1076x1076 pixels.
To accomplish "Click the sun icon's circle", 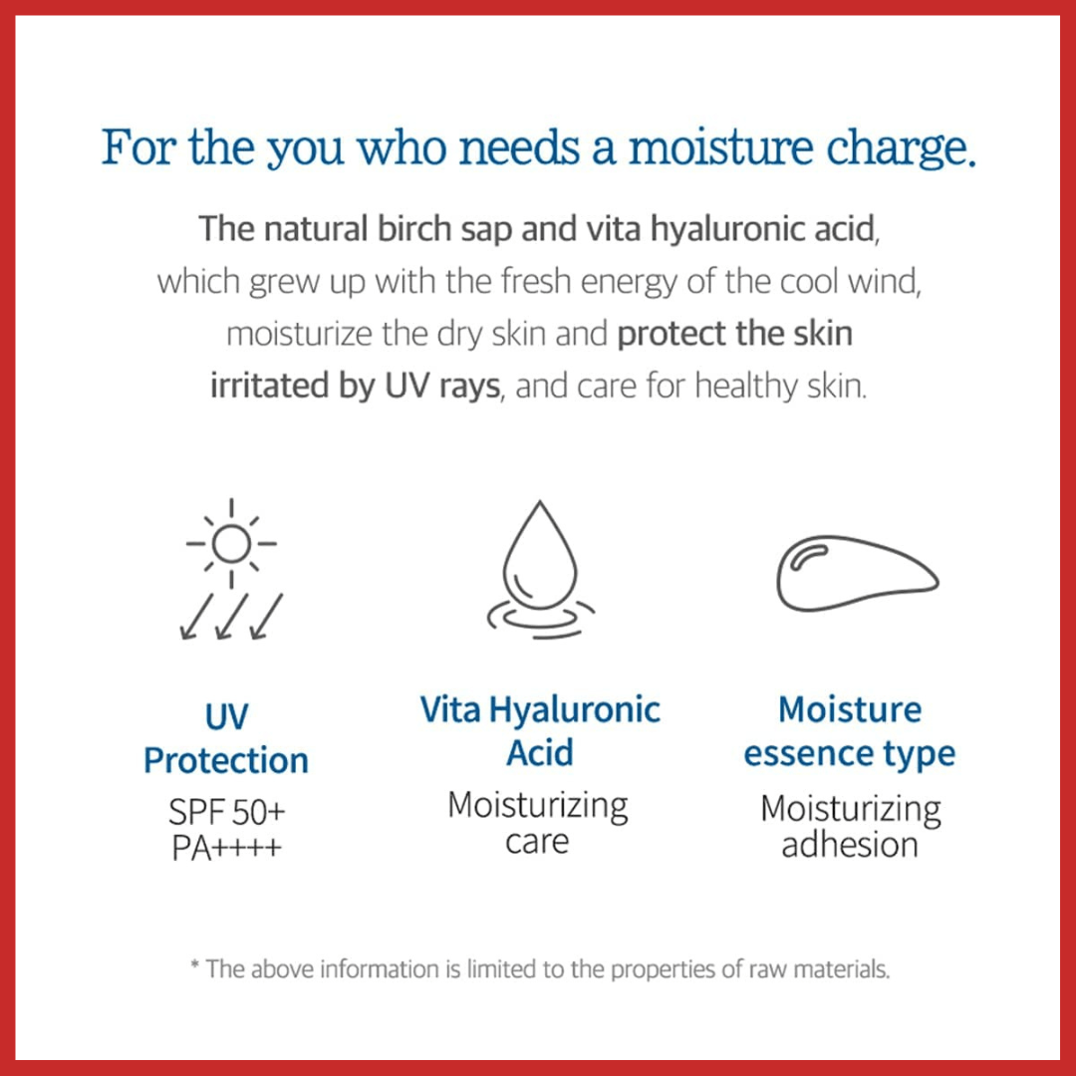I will point(231,543).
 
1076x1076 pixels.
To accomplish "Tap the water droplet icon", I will point(539,558).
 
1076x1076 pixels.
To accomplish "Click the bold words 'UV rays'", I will point(441,386).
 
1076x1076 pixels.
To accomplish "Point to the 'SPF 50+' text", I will point(226,812).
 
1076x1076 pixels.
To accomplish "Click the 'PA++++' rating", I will point(226,847).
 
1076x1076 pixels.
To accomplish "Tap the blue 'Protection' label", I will point(226,760).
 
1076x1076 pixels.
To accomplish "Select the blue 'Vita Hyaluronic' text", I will point(539,709).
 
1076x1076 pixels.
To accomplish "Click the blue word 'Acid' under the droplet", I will point(539,752).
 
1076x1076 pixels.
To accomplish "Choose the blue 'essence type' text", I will point(849,753).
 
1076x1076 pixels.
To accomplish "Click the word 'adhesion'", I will point(849,845).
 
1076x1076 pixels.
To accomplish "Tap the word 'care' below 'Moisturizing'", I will point(537,843).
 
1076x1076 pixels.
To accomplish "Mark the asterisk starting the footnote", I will point(194,966).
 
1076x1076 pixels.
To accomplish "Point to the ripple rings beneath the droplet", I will point(539,620).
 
